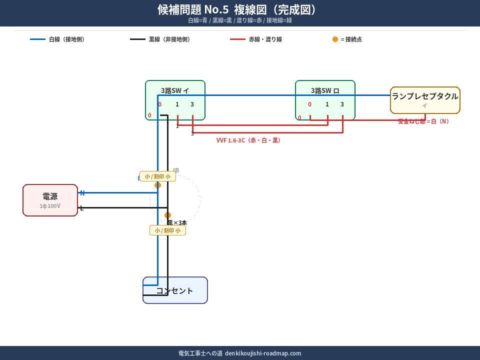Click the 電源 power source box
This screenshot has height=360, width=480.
(x=50, y=200)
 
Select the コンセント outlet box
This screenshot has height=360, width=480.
(x=175, y=290)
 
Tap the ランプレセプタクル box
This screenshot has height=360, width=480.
(x=425, y=100)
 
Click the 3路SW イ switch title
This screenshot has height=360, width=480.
(x=175, y=90)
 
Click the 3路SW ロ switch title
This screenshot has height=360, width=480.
(x=325, y=90)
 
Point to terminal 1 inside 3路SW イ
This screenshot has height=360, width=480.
(x=177, y=104)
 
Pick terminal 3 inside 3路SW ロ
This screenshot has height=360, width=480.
(x=342, y=104)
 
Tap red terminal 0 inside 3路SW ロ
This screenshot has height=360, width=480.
(x=309, y=104)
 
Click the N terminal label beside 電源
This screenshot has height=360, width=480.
(x=82, y=193)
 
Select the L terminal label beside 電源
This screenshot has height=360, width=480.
(x=82, y=208)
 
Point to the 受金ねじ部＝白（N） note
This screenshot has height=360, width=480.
(x=423, y=121)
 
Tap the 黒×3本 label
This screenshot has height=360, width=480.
(x=177, y=222)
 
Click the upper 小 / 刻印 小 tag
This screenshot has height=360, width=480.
(x=157, y=176)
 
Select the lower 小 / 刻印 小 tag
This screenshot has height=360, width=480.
(x=167, y=230)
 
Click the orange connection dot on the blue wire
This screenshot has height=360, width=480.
(x=157, y=185)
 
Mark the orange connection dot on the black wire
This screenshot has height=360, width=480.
(x=167, y=215)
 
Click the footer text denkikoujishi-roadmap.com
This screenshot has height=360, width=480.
(x=239, y=353)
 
